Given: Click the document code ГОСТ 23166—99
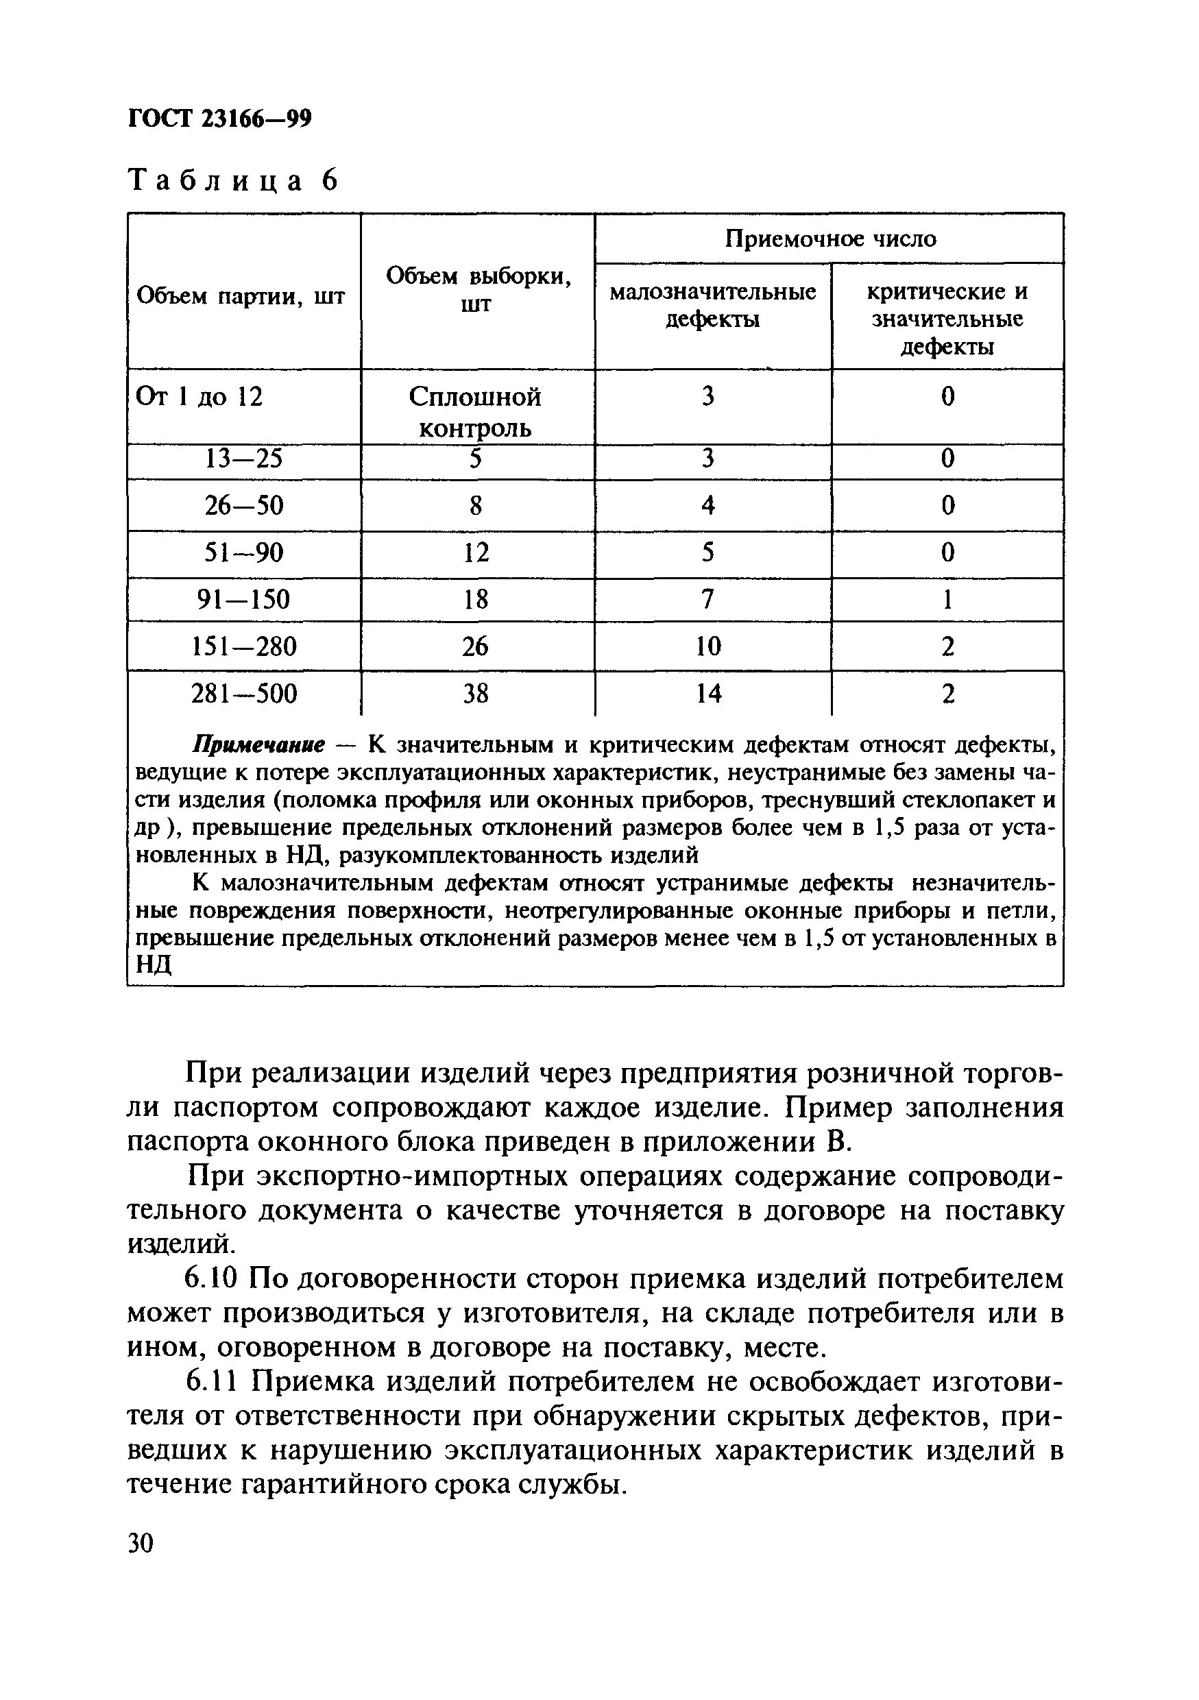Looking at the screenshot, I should coord(219,119).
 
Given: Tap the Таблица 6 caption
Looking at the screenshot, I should coord(233,180).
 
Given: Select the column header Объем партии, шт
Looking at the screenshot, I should coord(241,297).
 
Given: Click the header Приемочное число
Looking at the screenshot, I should coord(829,239).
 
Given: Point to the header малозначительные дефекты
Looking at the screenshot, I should coord(712,305).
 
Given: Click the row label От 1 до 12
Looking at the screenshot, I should coord(199,397).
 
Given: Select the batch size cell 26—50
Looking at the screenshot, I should coord(243,506).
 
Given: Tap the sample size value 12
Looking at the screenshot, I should coord(476,552).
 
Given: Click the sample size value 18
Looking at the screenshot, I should coord(476,599).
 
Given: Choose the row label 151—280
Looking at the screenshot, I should coord(243,646).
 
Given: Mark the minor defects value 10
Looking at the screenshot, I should coord(708,646).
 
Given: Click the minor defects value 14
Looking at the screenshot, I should coord(708,693).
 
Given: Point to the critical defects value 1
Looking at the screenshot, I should coord(947,599).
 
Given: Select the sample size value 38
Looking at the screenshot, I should coord(476,693).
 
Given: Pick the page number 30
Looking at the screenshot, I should coord(141,1544).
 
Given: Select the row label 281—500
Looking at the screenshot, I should coord(243,693).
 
